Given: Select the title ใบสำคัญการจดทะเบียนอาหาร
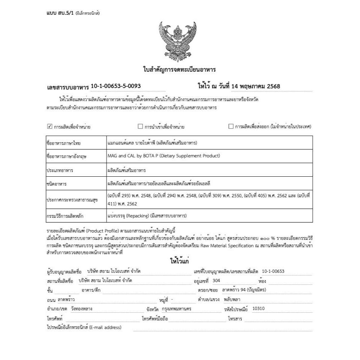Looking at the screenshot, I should pos(179,70).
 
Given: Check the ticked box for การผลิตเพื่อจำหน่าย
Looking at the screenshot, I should pos(49,126).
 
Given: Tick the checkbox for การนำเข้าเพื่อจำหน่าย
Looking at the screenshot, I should pos(141,126).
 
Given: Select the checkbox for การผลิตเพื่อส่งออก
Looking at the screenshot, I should pos(231,126).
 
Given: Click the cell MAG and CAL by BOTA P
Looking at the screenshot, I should pos(164,156).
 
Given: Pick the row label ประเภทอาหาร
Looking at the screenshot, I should pos(60,170).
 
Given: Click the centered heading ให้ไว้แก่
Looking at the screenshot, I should pos(180,262).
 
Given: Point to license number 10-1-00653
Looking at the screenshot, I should pos(273,271).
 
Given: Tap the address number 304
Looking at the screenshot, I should pos(216,281).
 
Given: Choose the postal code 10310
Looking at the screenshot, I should pos(259,309).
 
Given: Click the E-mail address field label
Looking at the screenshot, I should pos(84,327).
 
